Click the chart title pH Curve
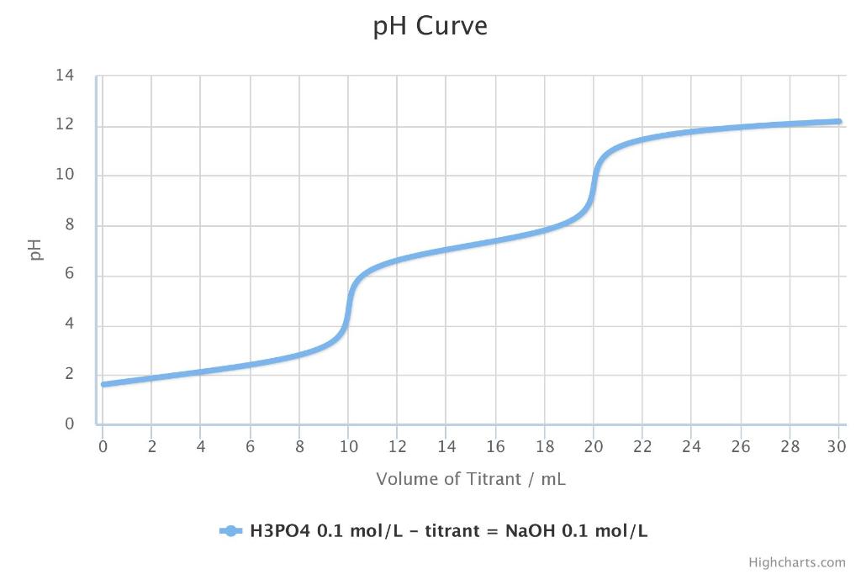(430, 26)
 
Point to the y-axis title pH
(35, 250)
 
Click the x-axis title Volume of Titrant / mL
(471, 479)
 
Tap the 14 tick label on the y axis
(65, 76)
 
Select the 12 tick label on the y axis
(65, 126)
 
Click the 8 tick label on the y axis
(69, 225)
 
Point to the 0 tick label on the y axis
(69, 424)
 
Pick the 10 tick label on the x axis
(348, 446)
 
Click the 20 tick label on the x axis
(594, 446)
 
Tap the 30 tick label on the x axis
(836, 446)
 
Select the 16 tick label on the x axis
(495, 446)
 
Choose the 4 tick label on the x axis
(201, 446)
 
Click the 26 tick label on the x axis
(741, 446)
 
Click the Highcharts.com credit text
(797, 562)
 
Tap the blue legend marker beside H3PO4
(230, 530)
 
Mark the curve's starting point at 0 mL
(103, 384)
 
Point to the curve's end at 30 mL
(838, 122)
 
